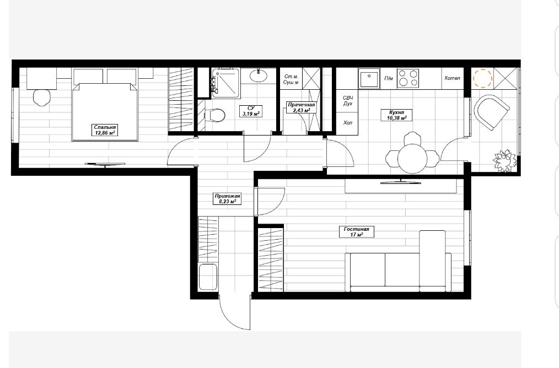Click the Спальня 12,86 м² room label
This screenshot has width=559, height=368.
105,130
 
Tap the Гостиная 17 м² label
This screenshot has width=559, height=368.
357,232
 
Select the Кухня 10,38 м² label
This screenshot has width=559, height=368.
396,115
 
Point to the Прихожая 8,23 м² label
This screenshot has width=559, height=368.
227,199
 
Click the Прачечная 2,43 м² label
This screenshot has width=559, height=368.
301,107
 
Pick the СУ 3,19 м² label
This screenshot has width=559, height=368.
251,111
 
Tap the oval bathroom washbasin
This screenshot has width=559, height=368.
258,75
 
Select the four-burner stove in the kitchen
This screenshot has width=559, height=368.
408,78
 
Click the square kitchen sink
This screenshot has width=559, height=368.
369,79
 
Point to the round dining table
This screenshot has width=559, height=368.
412,159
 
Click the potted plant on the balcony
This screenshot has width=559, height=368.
505,161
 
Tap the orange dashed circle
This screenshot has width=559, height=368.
482,78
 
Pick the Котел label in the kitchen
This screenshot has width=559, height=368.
452,78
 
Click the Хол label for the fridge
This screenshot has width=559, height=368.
348,122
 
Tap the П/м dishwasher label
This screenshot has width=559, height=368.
389,78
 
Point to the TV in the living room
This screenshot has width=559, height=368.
401,182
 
